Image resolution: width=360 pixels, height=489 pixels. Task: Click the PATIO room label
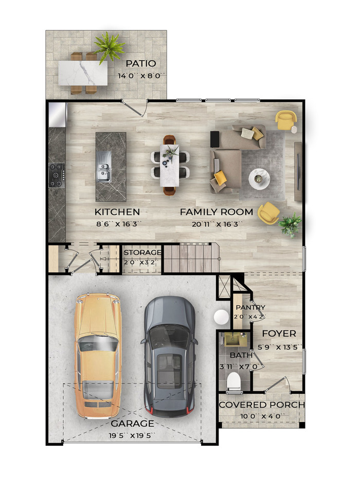140,64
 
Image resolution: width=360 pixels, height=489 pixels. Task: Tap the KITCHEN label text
117,212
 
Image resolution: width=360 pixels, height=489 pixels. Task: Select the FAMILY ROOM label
217,212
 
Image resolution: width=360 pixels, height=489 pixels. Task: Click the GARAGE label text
133,424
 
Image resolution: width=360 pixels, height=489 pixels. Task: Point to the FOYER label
279,334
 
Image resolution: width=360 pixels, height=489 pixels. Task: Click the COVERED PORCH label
262,405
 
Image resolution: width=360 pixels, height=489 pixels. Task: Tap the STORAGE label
142,252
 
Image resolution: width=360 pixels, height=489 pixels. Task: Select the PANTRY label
250,307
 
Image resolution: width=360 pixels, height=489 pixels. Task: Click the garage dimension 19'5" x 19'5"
132,435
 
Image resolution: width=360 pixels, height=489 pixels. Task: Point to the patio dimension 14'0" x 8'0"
141,76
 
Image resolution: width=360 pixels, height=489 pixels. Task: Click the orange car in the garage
98,356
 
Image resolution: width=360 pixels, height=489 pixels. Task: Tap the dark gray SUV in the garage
169,357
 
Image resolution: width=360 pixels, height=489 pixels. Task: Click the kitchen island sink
104,167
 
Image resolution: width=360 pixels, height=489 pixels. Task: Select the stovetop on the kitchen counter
57,175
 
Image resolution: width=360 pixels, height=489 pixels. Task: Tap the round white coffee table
259,179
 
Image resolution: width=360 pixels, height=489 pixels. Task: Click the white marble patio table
83,73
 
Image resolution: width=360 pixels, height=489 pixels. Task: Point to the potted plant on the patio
109,47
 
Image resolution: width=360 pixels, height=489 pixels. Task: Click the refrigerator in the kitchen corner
58,115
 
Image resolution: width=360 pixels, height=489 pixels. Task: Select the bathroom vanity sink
236,340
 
